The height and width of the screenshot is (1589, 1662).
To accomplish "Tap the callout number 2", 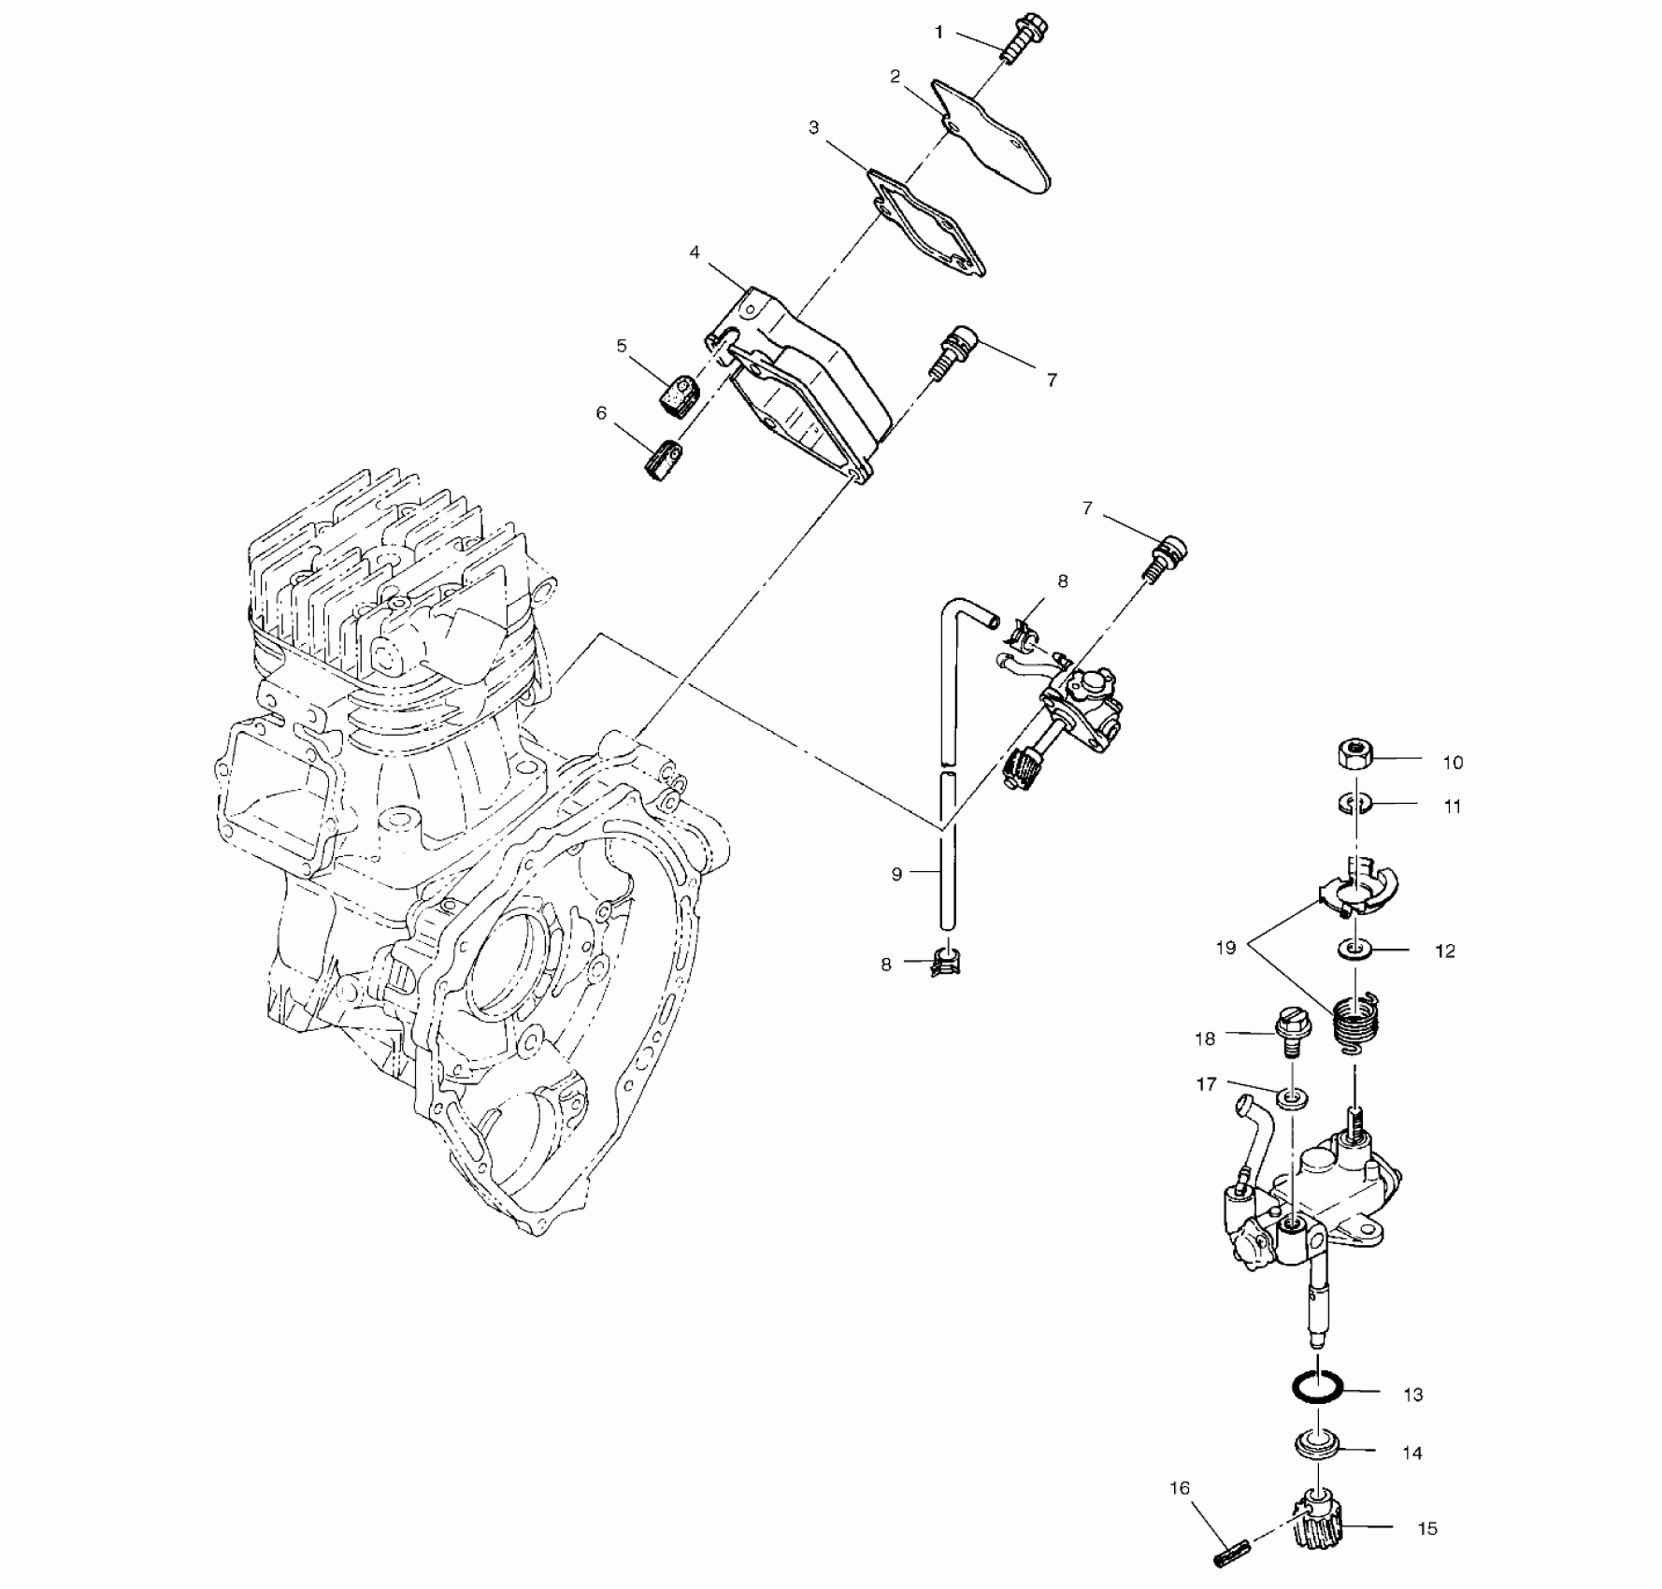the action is pyautogui.click(x=895, y=77).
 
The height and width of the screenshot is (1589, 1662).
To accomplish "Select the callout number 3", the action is pyautogui.click(x=813, y=127).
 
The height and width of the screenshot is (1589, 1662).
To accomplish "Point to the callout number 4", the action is pyautogui.click(x=695, y=252).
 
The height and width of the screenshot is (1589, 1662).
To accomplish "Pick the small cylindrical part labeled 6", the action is pyautogui.click(x=664, y=459).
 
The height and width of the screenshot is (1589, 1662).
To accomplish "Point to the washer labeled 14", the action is pyautogui.click(x=1317, y=1468).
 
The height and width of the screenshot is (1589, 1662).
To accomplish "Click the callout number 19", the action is pyautogui.click(x=1225, y=948).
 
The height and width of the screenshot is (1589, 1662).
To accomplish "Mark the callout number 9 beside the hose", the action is pyautogui.click(x=896, y=875).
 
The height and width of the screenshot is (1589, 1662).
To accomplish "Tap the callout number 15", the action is pyautogui.click(x=1426, y=1529).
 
